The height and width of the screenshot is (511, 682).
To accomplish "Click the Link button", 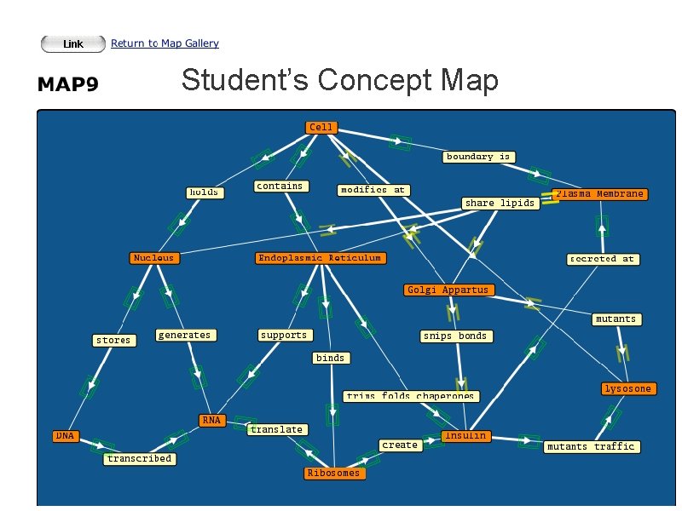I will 73,43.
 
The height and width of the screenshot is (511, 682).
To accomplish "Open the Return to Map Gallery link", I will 165,43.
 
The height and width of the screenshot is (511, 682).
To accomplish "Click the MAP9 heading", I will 67,85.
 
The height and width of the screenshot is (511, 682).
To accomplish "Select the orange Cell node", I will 321,128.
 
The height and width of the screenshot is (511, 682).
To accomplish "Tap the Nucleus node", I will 153,258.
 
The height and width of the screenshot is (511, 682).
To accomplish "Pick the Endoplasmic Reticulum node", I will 320,258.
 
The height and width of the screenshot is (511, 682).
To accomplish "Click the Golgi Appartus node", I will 448,290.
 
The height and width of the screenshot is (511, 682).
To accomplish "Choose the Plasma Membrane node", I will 599,194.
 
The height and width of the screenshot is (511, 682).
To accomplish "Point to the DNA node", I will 66,436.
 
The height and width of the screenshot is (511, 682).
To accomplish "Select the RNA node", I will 211,420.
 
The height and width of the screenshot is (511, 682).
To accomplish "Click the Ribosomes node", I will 333,474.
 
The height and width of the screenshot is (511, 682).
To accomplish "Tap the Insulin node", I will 465,436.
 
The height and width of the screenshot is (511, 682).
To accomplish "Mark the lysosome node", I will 627,389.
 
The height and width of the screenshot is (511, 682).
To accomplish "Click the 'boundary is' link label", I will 478,157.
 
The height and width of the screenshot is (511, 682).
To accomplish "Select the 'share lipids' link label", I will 500,203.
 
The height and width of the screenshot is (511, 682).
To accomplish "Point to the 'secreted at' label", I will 603,259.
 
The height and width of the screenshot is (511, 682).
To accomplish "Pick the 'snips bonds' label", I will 455,336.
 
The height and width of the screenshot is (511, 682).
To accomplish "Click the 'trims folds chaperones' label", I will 410,396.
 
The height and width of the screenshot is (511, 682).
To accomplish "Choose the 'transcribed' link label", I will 139,459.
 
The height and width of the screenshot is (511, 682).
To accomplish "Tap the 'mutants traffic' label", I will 591,447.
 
